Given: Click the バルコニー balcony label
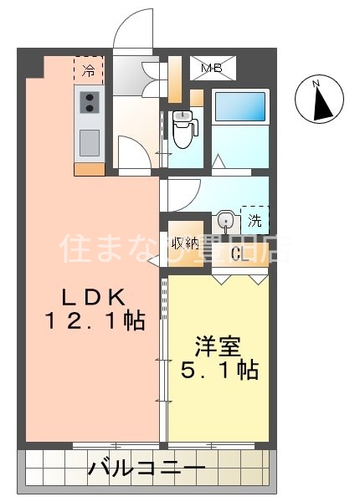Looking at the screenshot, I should [147, 469].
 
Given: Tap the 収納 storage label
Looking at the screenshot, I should [186, 243].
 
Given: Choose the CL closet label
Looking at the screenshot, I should [239, 254].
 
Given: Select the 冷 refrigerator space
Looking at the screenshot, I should [88, 69].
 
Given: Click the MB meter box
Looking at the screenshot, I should [214, 69].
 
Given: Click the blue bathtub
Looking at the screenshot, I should [239, 108].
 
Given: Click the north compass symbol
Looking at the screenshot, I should [320, 100].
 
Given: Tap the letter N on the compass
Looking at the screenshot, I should [316, 85].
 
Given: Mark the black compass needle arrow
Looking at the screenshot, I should [321, 105].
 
